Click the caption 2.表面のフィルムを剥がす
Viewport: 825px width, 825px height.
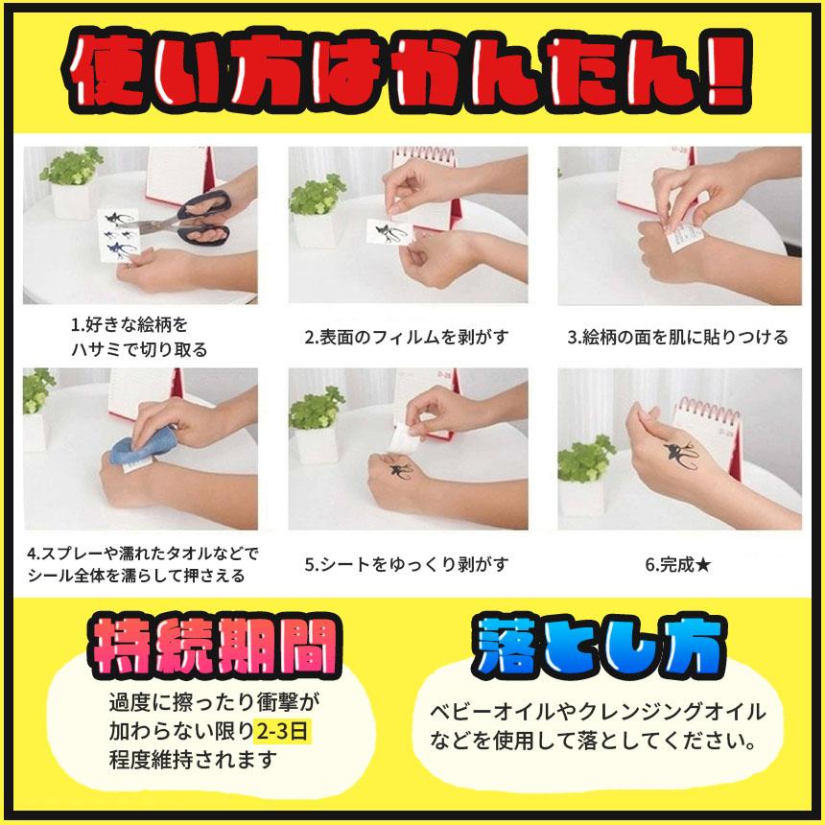(x=407, y=337)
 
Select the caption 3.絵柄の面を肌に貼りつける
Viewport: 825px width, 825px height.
(x=677, y=337)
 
